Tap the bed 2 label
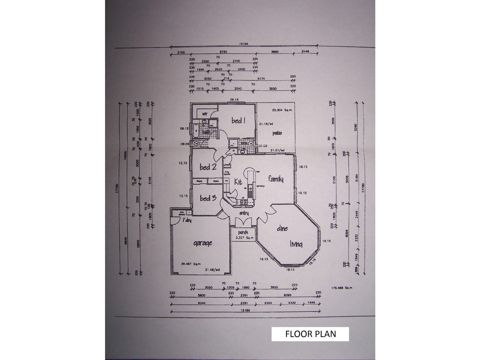[208, 167]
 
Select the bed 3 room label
[208, 198]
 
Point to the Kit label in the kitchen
[238, 182]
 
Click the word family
[276, 179]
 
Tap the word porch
[243, 232]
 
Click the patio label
[277, 133]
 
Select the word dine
[282, 228]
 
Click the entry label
[244, 213]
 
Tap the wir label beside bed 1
[204, 114]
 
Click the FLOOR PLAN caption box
[310, 334]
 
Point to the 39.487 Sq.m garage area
[191, 264]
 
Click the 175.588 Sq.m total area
[342, 288]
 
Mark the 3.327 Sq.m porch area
[244, 238]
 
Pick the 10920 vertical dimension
[126, 155]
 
